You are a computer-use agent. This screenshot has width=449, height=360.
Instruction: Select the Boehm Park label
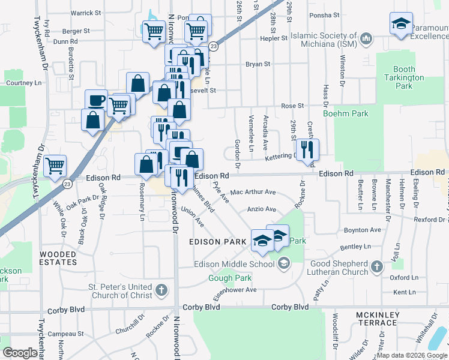point(345,113)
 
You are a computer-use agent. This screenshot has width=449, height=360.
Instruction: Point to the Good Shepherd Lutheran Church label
point(339,268)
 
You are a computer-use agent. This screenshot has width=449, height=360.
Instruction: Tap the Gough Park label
point(230,278)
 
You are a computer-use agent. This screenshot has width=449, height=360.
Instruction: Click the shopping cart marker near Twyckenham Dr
point(55,165)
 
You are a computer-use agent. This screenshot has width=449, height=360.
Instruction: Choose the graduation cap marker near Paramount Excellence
point(401,23)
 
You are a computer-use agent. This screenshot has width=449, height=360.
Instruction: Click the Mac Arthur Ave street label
point(253,193)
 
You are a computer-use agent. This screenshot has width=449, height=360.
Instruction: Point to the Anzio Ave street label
point(262,209)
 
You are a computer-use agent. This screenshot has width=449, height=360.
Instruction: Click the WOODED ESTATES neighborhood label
point(58,258)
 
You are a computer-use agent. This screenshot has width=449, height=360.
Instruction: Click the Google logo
point(20,353)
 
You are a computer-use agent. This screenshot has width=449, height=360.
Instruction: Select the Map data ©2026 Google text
point(411,355)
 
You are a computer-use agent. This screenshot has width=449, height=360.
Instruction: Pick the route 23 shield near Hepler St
point(213,46)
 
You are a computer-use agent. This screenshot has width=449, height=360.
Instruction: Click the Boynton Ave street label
point(362,230)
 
